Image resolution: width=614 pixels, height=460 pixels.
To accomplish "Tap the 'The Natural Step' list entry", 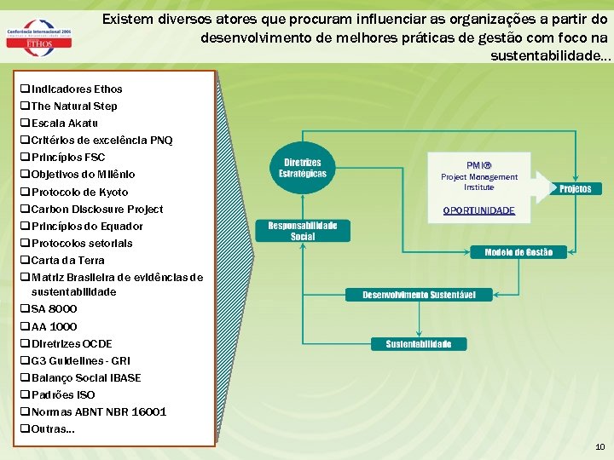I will click(73, 106).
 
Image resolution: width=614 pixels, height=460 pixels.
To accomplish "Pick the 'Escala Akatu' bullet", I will click(64, 124).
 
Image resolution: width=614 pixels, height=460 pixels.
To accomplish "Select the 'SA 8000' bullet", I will click(53, 309).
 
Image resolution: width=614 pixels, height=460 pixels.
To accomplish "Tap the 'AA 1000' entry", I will click(53, 326).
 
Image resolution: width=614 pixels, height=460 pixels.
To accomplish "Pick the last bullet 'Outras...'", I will click(52, 428).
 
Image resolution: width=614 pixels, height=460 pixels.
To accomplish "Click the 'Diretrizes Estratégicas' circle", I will click(303, 168).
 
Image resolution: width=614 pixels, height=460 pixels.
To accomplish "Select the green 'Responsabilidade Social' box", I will click(303, 231).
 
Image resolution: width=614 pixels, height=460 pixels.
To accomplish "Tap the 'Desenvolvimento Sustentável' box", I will click(419, 295).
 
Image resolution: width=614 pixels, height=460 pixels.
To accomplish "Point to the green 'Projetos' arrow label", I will click(576, 188).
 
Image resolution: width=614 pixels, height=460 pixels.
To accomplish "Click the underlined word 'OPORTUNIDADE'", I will click(478, 210).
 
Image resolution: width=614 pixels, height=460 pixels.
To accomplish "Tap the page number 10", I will click(600, 447).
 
